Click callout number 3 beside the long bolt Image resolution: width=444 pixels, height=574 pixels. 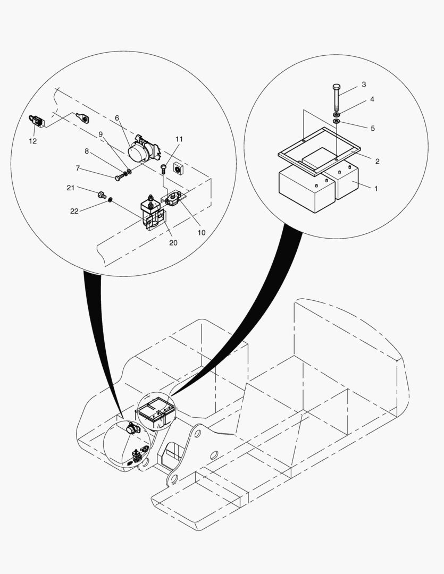[364, 85]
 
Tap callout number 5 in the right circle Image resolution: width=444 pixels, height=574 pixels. [373, 129]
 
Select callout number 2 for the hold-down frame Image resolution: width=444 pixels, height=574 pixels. [378, 161]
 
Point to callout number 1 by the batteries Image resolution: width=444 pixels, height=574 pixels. [375, 189]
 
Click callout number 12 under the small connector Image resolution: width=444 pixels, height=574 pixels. [32, 141]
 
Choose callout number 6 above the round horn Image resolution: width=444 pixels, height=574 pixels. [117, 118]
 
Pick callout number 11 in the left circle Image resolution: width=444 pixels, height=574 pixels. [179, 139]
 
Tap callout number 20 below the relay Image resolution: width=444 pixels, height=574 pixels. [173, 243]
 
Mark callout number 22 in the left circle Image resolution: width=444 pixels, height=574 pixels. [74, 211]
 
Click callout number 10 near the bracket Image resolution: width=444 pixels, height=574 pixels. [202, 232]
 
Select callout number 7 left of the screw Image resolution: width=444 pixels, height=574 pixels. [78, 168]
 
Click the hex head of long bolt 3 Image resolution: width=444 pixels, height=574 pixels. [336, 87]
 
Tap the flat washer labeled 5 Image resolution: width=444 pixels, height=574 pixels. [337, 121]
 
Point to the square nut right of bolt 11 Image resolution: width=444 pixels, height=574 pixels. [178, 169]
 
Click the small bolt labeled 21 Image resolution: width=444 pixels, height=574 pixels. [102, 195]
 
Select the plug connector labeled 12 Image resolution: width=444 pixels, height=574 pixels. [36, 121]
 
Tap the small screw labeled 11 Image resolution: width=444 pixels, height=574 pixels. [164, 170]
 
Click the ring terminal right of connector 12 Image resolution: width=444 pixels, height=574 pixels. [83, 118]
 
